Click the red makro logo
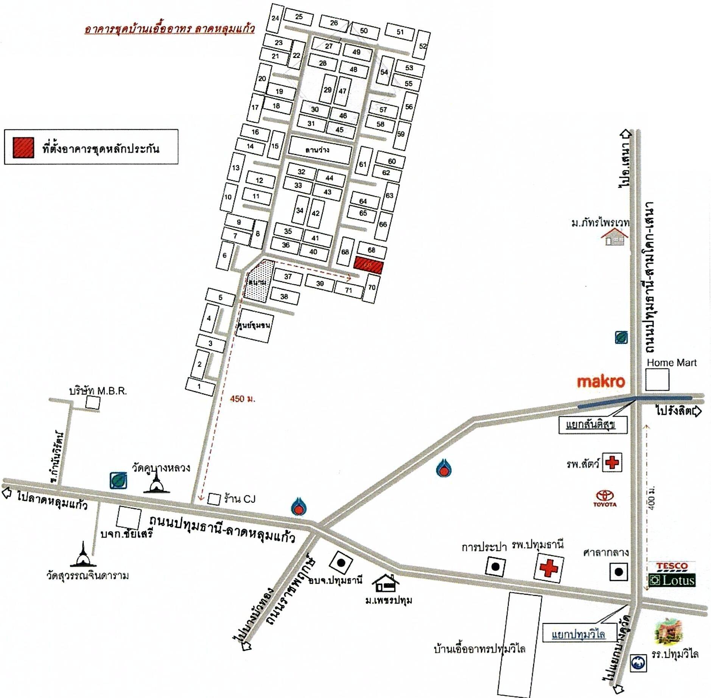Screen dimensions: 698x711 point(601,381)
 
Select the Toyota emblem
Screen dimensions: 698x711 point(605,498)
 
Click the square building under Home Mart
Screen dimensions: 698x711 point(657,379)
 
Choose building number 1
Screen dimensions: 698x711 point(200,387)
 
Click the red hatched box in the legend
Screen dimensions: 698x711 point(23,148)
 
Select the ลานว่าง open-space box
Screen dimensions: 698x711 point(319,150)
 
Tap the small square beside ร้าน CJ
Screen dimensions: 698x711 point(214,499)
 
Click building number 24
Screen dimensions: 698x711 point(275,18)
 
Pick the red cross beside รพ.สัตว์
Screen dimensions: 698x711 point(612,462)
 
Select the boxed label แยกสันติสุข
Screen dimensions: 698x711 point(593,425)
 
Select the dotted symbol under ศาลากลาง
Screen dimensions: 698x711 point(618,572)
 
